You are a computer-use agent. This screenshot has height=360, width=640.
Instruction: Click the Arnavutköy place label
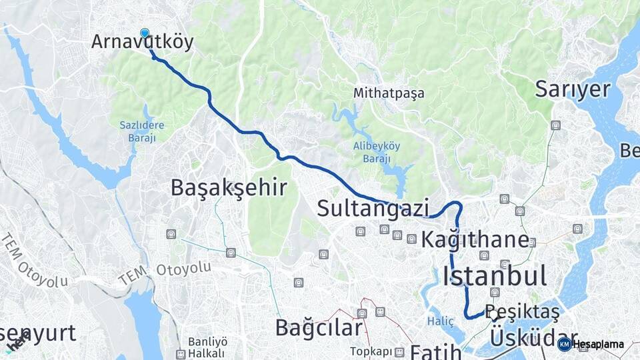(142, 43)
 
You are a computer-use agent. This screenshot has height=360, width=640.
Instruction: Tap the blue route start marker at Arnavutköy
(145, 33)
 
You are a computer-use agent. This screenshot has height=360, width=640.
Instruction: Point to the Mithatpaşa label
(389, 93)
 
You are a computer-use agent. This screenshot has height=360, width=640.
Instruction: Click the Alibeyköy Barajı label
(377, 152)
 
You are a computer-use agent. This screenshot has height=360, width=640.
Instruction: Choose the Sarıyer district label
(573, 89)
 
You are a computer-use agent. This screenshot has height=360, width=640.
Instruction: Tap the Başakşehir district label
(229, 187)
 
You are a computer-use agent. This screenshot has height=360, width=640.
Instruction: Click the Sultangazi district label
(373, 208)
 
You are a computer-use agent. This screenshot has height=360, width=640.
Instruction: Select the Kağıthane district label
(475, 239)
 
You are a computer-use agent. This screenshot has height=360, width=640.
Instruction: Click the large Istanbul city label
(494, 275)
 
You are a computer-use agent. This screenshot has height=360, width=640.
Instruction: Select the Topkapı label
(371, 351)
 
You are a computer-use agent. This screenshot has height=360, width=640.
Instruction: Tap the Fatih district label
(435, 351)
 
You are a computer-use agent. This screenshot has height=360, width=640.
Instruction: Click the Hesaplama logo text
(598, 344)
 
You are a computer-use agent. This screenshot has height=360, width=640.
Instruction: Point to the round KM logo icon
(564, 344)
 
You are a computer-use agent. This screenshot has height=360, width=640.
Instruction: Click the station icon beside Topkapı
(399, 351)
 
